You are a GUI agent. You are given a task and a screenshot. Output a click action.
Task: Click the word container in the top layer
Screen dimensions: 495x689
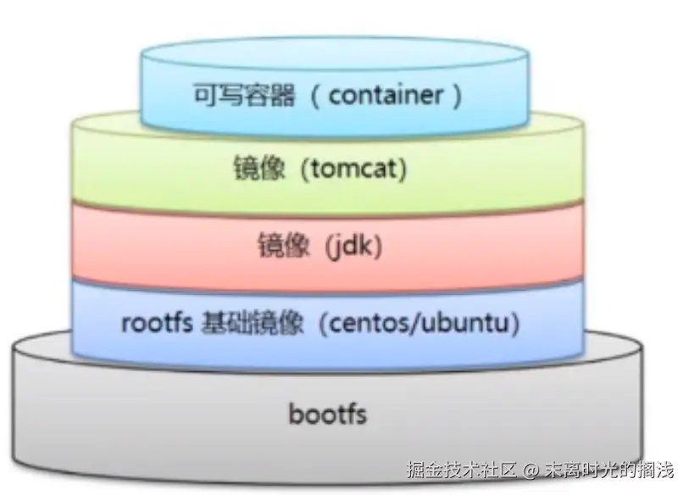[386, 95]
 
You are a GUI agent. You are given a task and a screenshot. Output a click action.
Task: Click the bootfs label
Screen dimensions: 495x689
[327, 415]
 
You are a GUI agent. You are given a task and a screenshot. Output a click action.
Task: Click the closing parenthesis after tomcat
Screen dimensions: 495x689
[403, 170]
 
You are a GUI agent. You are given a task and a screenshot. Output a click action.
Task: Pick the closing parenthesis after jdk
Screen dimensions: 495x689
[378, 247]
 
